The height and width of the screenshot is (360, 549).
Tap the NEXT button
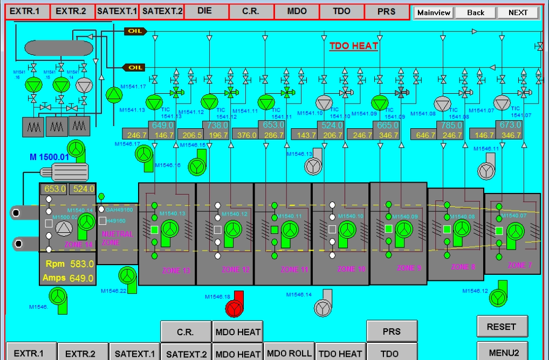pyautogui.click(x=518, y=12)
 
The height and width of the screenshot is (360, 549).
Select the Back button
pyautogui.click(x=475, y=12)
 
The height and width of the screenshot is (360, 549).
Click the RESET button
pyautogui.click(x=502, y=327)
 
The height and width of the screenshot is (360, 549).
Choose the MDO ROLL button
pyautogui.click(x=289, y=354)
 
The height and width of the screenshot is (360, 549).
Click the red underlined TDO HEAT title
pyautogui.click(x=353, y=46)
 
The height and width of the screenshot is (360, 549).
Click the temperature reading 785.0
pyautogui.click(x=451, y=125)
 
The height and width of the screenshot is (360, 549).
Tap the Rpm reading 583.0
pyautogui.click(x=81, y=264)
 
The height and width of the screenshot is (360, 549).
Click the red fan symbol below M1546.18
pyautogui.click(x=235, y=309)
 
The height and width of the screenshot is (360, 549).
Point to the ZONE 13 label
pyautogui.click(x=176, y=271)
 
